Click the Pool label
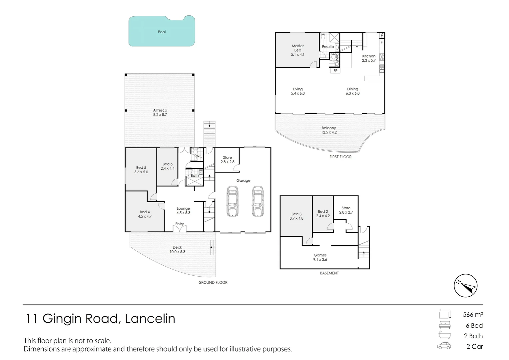(162, 32)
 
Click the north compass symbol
(465, 286)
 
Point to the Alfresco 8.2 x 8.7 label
(160, 112)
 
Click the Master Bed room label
(297, 50)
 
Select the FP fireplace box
(335, 71)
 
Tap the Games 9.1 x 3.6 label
(320, 257)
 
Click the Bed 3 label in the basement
(296, 216)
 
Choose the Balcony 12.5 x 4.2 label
(329, 130)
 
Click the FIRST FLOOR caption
(340, 157)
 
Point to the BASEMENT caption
(329, 273)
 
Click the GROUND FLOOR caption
(213, 282)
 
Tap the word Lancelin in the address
(150, 319)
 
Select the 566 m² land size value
(473, 314)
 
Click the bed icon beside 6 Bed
(444, 325)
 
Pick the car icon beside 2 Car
(444, 346)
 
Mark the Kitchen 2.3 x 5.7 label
(369, 58)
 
